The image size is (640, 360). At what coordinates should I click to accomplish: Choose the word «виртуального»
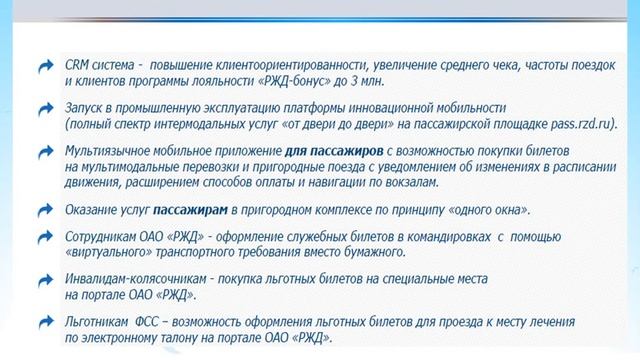coord(112,254)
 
